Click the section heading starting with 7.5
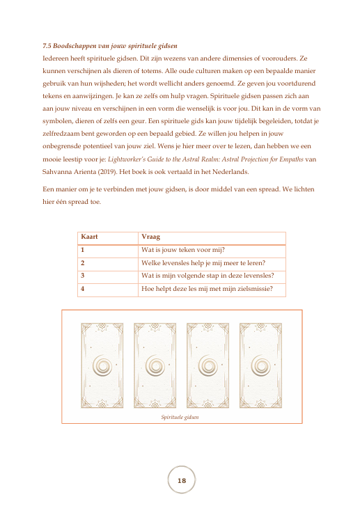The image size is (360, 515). pyautogui.click(x=110, y=46)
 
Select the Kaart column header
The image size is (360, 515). pyautogui.click(x=89, y=237)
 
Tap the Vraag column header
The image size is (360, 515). pyautogui.click(x=150, y=237)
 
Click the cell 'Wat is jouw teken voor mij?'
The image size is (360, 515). pyautogui.click(x=183, y=250)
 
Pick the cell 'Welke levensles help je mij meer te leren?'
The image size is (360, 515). pyautogui.click(x=203, y=263)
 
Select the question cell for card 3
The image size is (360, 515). pyautogui.click(x=208, y=276)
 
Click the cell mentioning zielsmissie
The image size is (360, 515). pyautogui.click(x=207, y=289)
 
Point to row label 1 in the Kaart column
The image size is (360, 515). pyautogui.click(x=83, y=250)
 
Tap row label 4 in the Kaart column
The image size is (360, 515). pyautogui.click(x=83, y=289)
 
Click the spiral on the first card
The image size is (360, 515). pyautogui.click(x=102, y=365)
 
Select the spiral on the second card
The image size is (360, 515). pyautogui.click(x=155, y=365)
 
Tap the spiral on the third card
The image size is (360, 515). pyautogui.click(x=208, y=365)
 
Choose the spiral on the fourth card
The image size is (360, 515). pyautogui.click(x=260, y=365)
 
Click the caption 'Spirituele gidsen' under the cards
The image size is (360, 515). pyautogui.click(x=180, y=417)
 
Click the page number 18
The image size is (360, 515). pyautogui.click(x=182, y=480)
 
